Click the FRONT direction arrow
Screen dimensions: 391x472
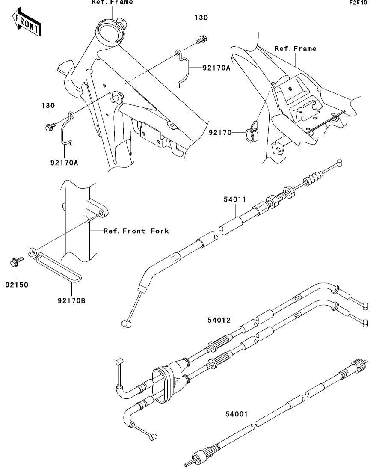[x=27, y=22]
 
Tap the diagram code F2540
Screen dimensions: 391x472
[x=358, y=3]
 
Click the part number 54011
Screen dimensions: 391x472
[x=235, y=199]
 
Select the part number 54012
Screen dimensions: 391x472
[x=219, y=320]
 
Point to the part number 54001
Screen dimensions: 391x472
[x=237, y=414]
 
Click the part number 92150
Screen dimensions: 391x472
[x=17, y=285]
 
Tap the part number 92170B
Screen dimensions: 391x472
[x=71, y=300]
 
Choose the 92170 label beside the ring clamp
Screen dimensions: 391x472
[x=220, y=132]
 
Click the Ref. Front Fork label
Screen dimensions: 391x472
[x=136, y=231]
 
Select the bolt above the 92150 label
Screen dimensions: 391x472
[x=16, y=261]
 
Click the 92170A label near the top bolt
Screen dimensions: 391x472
[x=216, y=68]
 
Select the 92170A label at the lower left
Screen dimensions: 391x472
[x=64, y=163]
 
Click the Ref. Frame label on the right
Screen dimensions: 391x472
[x=295, y=48]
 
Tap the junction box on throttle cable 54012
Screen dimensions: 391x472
[x=169, y=380]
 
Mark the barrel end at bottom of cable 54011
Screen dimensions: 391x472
[x=126, y=323]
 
